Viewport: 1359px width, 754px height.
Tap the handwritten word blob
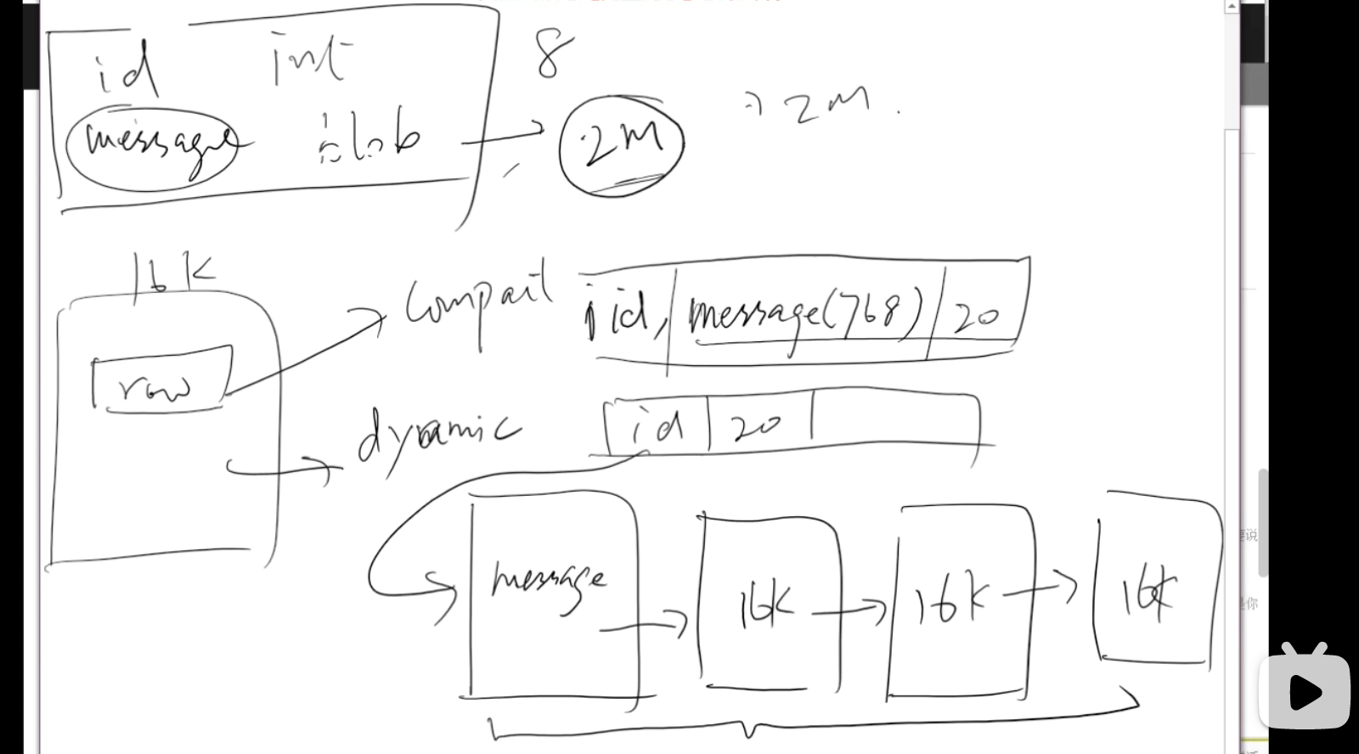coord(370,140)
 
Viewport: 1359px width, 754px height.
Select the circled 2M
coord(621,143)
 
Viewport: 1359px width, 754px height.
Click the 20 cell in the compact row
coord(975,318)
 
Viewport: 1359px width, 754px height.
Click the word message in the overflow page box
coord(549,581)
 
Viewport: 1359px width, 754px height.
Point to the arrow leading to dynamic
coord(280,467)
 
